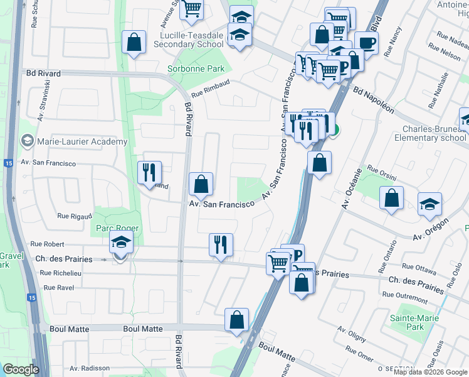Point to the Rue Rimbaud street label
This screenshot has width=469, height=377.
tap(212, 87)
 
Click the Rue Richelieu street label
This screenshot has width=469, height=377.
tap(60, 273)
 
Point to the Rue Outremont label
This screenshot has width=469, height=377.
tap(404, 294)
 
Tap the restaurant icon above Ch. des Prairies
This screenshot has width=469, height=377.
tap(221, 244)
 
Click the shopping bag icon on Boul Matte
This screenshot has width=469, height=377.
tap(236, 319)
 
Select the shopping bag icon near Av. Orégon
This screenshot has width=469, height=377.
tap(392, 199)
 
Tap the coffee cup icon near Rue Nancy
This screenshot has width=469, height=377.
tap(367, 43)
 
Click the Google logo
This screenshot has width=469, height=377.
tap(21, 369)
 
